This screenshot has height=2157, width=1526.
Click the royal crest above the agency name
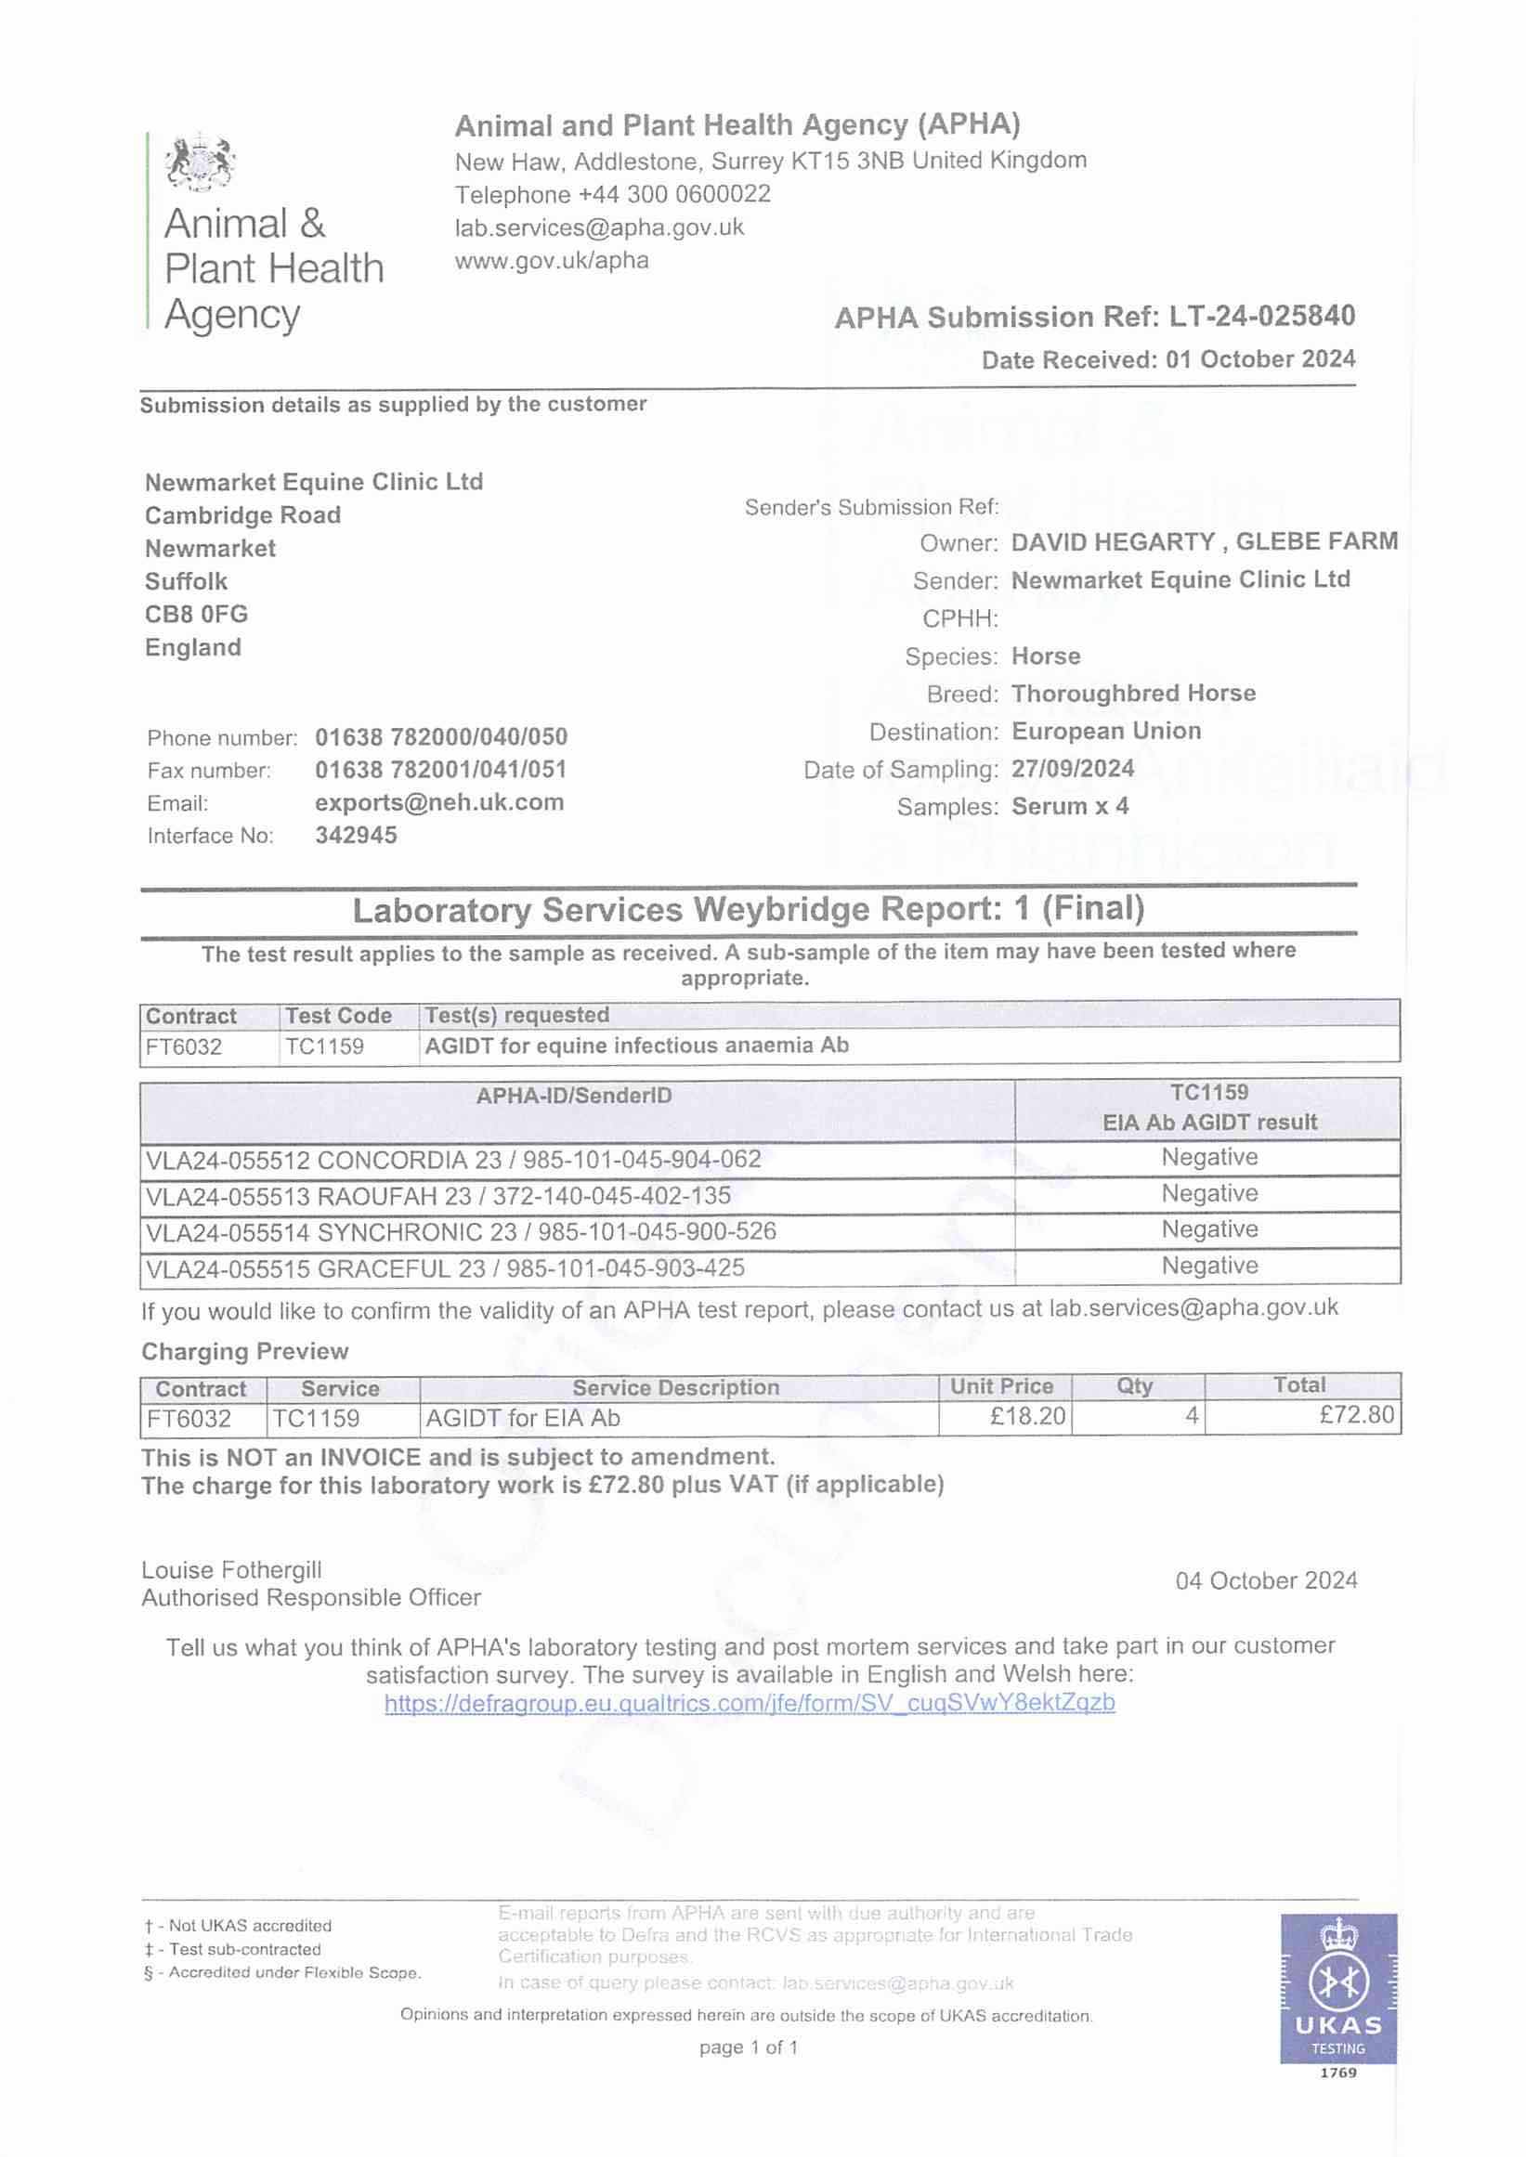199,162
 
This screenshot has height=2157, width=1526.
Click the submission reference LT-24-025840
1261,317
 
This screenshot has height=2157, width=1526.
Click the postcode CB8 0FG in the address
196,615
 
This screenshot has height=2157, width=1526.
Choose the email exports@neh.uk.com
438,802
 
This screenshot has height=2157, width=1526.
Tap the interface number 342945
355,835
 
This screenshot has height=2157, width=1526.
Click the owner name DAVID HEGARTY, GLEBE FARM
1204,542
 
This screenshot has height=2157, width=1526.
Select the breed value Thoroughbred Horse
1133,694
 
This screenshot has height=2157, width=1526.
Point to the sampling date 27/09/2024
1072,769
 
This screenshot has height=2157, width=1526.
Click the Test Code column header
338,1016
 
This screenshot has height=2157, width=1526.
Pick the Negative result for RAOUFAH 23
1208,1193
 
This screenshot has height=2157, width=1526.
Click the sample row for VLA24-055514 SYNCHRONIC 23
461,1231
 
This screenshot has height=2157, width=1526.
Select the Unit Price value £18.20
1027,1416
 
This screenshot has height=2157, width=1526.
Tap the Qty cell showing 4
1191,1416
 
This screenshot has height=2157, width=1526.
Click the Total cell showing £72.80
1356,1416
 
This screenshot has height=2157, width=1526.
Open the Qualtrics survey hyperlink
749,1702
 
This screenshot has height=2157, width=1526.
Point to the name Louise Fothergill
231,1570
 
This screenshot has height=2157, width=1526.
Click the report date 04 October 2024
1266,1580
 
